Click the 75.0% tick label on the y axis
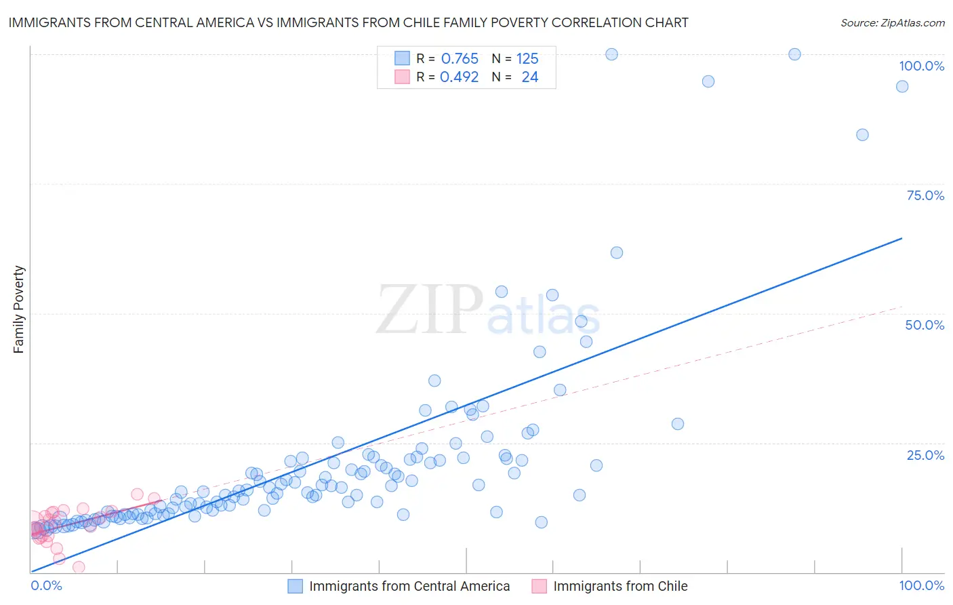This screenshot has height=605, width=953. pos(925,195)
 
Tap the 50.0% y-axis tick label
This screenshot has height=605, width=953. pos(925,325)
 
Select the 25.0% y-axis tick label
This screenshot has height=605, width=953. pos(925,455)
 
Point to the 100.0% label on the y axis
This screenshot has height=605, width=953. pos(921,66)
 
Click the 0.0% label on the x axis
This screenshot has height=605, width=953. pos(46,585)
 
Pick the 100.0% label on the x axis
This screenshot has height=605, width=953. pos(921,585)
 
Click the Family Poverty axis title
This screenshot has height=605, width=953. pos(19,309)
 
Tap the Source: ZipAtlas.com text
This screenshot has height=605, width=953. pos(892,23)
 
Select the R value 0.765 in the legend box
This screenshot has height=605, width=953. pos(460,59)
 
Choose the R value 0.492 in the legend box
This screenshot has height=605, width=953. pos(459,77)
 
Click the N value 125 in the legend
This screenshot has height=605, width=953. pos(527,59)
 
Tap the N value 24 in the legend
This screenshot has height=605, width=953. pos(529,77)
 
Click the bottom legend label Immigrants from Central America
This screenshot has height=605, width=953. pos(409,586)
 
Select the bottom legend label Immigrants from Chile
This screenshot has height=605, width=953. pos(620,586)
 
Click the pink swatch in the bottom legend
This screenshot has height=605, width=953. pos(539,586)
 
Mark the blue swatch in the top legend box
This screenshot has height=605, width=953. pos(402,58)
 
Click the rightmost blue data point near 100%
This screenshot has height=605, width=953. pos(902,86)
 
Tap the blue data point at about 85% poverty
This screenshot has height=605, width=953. pos(862,134)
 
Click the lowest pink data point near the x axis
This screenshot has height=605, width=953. pos(79,567)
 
